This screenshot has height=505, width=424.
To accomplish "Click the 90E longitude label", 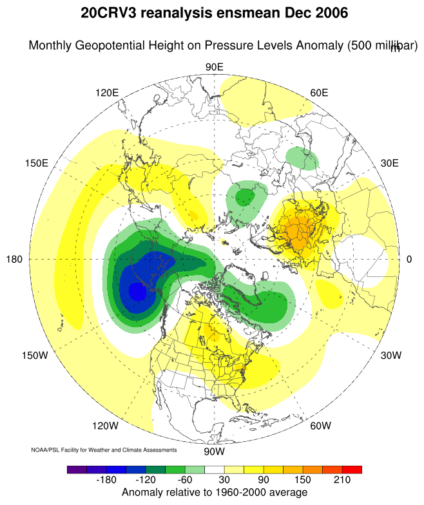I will [214, 68].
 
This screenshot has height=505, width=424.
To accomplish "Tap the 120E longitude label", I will [107, 93].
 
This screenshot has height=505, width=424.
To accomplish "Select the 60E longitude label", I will [319, 93].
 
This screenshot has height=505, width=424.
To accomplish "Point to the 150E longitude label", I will [36, 163].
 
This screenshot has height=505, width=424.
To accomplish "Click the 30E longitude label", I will [390, 163].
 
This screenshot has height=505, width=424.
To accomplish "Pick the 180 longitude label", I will [14, 259].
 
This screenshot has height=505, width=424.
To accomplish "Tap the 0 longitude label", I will [409, 259].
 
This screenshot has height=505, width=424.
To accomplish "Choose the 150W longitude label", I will [35, 356].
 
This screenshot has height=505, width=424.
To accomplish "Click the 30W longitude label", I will [391, 356].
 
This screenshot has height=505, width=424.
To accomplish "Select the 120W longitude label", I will [105, 426].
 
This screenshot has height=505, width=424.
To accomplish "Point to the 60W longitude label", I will [320, 426].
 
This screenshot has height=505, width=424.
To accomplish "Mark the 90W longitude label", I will [214, 451].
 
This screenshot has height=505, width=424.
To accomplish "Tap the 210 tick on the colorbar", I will [342, 481].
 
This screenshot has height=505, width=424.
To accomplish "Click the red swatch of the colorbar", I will [352, 470].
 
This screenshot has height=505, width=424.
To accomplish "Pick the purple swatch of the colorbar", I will [77, 470].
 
